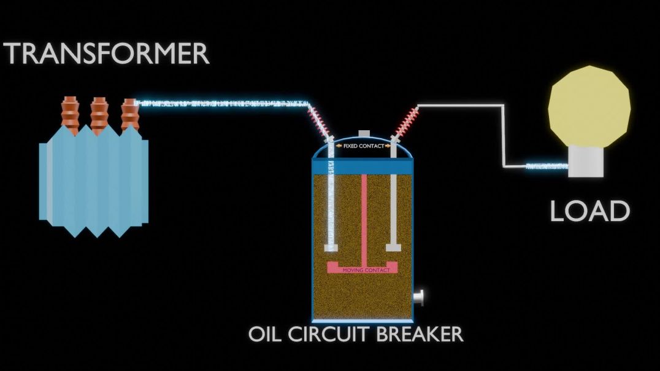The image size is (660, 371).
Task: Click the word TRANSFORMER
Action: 107,54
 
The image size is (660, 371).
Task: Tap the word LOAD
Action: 589,211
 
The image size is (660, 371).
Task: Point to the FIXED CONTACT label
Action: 363,146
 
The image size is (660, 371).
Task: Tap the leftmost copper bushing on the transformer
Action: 71,115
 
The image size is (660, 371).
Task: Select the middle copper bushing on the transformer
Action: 100,115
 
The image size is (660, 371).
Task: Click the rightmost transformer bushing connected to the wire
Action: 129,115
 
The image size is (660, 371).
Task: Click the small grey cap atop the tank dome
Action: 364,133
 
